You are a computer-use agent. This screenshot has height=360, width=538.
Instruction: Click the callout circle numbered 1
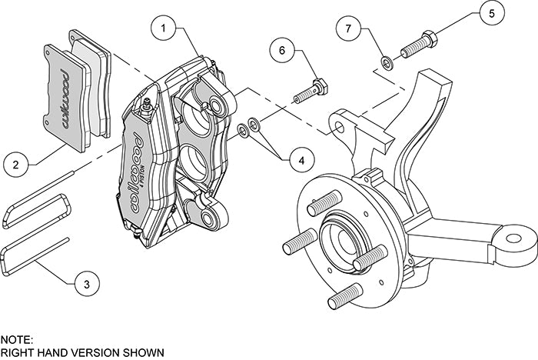[x=164, y=29]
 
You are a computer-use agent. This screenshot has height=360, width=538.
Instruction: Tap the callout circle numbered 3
[x=87, y=283]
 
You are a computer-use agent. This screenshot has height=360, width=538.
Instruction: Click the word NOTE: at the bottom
[x=17, y=338]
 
